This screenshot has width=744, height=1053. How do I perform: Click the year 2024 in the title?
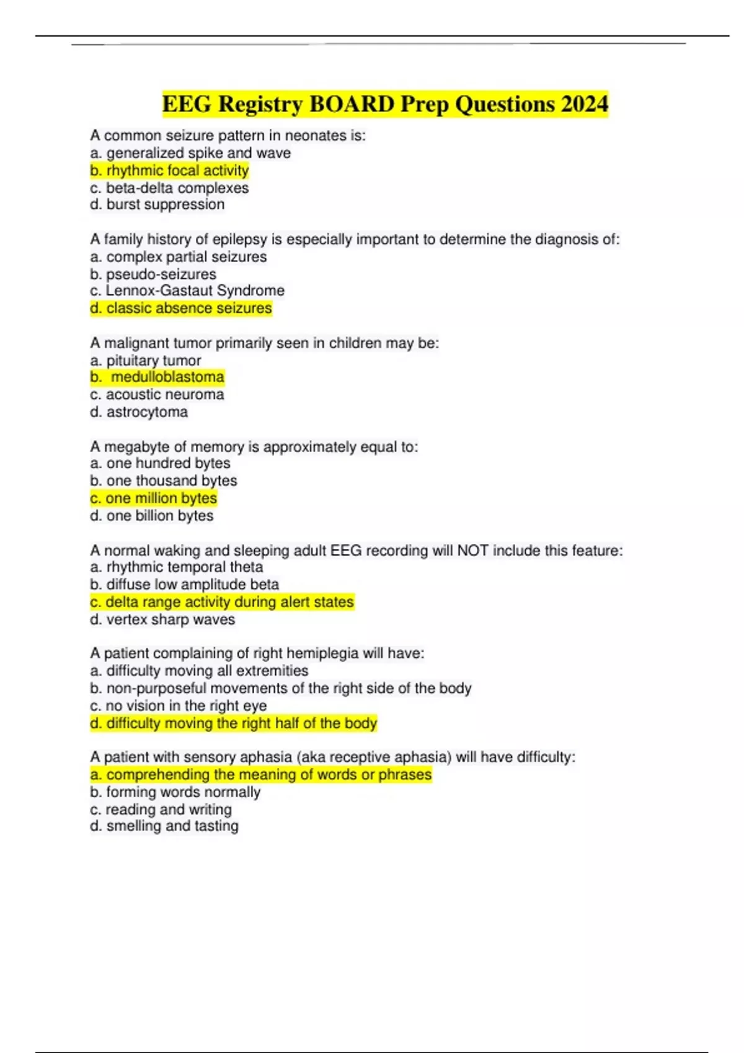tap(584, 104)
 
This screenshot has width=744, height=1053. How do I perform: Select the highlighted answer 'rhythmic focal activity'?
tap(169, 170)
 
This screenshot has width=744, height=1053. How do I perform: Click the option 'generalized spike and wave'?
tap(190, 153)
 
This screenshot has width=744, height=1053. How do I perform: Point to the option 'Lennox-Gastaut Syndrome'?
tap(187, 291)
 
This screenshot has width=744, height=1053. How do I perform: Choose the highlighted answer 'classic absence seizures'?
tap(181, 308)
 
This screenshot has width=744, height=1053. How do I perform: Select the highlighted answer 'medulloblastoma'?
tap(157, 377)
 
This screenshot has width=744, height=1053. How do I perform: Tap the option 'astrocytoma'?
tap(139, 411)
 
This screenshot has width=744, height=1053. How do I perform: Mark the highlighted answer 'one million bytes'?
tap(154, 498)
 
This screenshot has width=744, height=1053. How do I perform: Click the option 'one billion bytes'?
tap(152, 515)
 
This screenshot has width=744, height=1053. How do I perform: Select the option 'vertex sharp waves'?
tap(162, 619)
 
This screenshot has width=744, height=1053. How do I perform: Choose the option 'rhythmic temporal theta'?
tap(177, 567)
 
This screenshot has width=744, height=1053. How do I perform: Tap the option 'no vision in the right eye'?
tap(179, 706)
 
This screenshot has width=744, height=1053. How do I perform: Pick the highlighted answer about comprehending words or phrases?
tap(261, 774)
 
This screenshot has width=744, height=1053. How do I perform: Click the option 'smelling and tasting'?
tap(164, 826)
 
